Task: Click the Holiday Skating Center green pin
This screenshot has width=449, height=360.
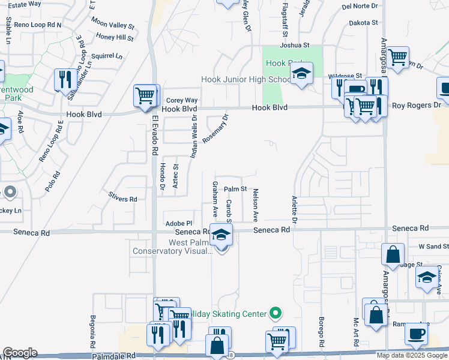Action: pos(276,313)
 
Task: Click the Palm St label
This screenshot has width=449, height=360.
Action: pos(236,189)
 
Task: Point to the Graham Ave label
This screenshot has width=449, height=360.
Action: pos(214,199)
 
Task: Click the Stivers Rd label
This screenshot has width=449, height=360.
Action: pos(123,199)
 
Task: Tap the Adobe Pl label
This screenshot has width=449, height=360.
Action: pos(178,223)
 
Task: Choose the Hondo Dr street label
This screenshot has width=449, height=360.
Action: pos(163,176)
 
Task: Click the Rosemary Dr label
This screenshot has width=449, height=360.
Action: pos(215,129)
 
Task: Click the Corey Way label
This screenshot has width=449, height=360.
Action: pos(182,101)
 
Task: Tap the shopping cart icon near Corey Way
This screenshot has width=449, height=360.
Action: pos(145,96)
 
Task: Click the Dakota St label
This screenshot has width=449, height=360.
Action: pos(364,23)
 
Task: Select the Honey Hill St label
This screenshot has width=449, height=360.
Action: pos(115,37)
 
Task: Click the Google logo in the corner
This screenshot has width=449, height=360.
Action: pos(20,353)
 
